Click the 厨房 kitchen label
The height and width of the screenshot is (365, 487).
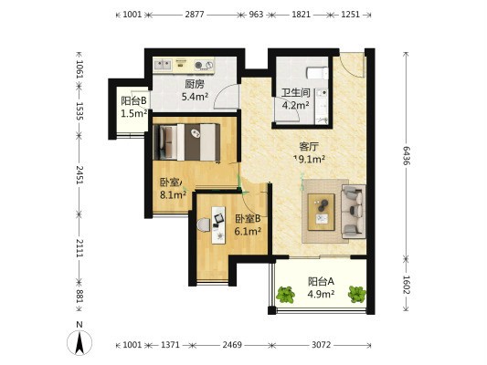point(195,84)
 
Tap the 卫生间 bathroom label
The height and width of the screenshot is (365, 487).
point(296,92)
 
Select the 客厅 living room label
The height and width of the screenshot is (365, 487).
point(309,146)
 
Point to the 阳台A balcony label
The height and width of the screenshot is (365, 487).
point(321,281)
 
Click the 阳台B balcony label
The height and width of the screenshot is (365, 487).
point(133,100)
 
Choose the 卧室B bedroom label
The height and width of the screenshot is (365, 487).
point(248,219)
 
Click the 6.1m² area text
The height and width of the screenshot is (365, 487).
point(248,232)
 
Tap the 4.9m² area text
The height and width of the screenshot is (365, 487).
point(321,294)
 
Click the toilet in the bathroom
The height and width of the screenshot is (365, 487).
point(317,73)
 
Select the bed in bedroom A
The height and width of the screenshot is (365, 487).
point(187,142)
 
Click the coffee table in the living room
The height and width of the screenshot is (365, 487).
point(321,212)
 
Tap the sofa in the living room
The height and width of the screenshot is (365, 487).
point(353,212)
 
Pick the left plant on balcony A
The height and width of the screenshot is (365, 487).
point(286,295)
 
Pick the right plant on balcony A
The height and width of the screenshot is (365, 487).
point(357,295)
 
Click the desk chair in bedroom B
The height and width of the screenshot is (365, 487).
point(204,224)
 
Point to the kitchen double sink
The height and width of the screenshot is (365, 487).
point(163,65)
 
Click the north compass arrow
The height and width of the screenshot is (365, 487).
point(79,342)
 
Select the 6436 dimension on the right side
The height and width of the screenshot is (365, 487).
point(406,156)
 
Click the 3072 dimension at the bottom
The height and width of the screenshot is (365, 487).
point(321,345)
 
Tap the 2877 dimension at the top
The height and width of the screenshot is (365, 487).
point(195,15)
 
